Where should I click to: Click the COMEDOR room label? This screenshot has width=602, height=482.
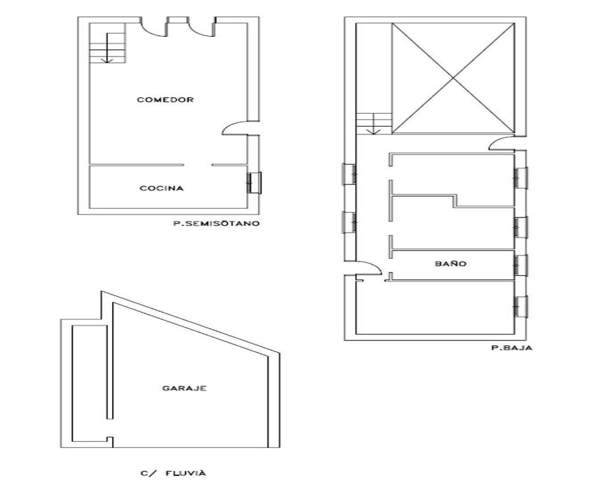[165, 100]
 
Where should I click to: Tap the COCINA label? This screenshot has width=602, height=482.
[161, 189]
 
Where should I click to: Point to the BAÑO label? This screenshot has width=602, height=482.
[451, 264]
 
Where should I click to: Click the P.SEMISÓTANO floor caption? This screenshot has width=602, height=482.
[216, 223]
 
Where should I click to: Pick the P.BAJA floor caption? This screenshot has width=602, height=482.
[512, 348]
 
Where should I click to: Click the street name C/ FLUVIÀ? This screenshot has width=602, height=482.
[173, 473]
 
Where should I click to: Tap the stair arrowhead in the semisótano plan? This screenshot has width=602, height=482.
[107, 60]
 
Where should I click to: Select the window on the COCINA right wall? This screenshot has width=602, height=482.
[254, 183]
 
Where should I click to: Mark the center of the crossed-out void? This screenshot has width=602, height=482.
[453, 78]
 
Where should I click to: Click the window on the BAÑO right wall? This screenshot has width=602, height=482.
[521, 265]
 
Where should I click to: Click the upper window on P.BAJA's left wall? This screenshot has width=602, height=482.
[349, 174]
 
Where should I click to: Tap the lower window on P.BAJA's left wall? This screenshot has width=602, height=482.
[349, 222]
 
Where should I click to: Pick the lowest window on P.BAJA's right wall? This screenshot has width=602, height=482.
[521, 306]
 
